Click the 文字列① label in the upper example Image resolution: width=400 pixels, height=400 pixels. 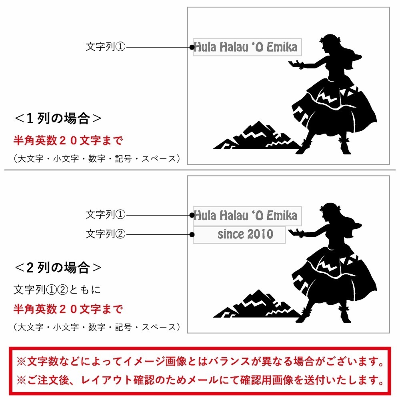[106, 47]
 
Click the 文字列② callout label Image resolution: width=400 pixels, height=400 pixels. [106, 234]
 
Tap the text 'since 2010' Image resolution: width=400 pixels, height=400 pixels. [246, 234]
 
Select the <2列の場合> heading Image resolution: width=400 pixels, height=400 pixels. [58, 268]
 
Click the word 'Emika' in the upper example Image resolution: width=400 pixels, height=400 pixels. [282, 47]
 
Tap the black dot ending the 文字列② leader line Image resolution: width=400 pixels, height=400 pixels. [192, 234]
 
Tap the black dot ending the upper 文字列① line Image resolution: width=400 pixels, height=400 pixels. [192, 47]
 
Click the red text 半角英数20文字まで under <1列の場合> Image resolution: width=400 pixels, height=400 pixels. [68, 140]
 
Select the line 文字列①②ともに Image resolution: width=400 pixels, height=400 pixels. [57, 290]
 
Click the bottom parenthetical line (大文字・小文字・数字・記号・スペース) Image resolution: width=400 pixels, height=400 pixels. [97, 327]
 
